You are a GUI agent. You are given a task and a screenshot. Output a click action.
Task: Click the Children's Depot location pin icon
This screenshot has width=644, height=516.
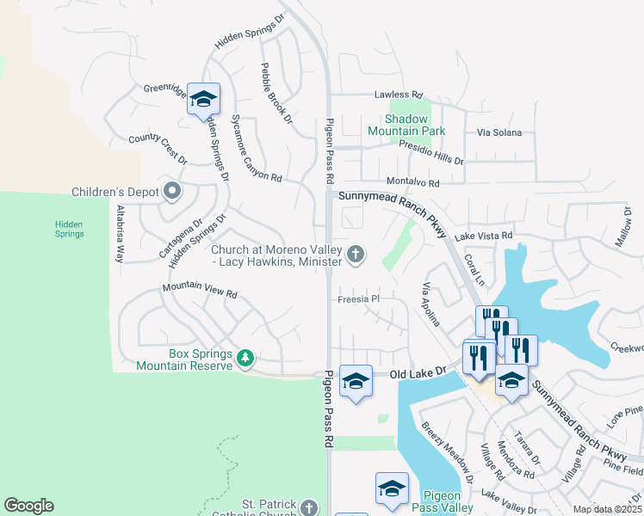pos(172,191)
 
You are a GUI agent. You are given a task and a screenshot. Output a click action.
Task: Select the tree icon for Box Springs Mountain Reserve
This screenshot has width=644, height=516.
pos(245,357)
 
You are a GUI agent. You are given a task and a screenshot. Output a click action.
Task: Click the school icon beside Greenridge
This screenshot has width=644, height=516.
pos(203,99)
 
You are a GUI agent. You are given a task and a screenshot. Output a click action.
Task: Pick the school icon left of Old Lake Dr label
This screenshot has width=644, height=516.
pos(356,381)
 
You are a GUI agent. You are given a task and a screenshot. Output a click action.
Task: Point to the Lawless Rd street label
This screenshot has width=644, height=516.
pos(398,95)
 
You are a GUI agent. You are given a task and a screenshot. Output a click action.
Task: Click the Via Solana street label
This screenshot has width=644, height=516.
pos(499,133)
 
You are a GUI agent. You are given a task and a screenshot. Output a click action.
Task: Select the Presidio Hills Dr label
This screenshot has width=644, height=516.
pos(430,152)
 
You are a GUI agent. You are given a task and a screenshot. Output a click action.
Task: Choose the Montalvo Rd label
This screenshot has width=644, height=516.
pos(412,183)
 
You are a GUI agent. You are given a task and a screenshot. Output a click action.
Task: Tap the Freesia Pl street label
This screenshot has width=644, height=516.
pos(358,299)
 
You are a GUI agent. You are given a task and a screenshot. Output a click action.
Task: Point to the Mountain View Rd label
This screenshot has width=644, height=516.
pos(200,291)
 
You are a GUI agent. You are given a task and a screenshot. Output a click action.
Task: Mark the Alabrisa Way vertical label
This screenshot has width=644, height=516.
pos(121,235)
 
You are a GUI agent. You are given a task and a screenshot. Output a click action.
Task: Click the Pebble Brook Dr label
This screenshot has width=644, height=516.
pos(276,93)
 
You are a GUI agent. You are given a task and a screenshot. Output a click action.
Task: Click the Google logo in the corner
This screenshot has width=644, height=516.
pos(28,506)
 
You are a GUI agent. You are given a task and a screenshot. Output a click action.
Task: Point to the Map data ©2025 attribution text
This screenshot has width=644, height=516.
pos(606,509)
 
